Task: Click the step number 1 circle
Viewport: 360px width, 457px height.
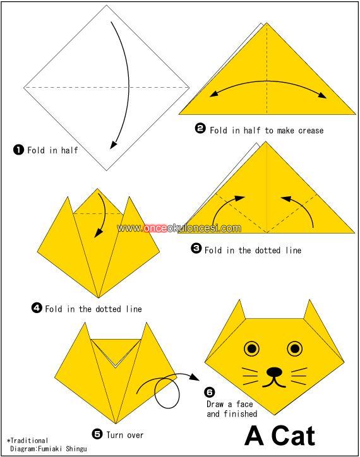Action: [18, 150]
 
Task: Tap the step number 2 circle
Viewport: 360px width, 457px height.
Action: [200, 128]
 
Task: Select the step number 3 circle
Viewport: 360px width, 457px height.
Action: [196, 248]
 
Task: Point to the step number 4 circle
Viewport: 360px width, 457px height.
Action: [37, 308]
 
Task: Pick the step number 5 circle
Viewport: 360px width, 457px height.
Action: [97, 434]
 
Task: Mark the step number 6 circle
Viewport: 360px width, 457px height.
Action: [210, 392]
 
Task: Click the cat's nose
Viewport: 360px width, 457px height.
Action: [274, 372]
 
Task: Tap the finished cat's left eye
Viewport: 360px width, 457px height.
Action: [252, 348]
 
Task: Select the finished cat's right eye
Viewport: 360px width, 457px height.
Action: [295, 348]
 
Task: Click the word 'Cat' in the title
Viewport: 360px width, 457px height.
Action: [293, 436]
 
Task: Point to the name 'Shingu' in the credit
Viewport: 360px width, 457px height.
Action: [76, 449]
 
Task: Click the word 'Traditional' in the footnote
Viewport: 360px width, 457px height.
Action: [29, 441]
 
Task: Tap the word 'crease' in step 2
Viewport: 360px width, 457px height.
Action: [311, 130]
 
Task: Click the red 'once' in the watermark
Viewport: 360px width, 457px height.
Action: [155, 228]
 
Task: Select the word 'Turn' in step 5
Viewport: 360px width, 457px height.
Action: [114, 435]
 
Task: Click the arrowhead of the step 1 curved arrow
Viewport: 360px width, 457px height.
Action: [113, 145]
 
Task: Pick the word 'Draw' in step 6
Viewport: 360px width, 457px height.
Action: [215, 404]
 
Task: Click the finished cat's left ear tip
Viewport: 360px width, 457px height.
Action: [240, 300]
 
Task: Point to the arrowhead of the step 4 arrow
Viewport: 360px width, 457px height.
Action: [99, 233]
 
